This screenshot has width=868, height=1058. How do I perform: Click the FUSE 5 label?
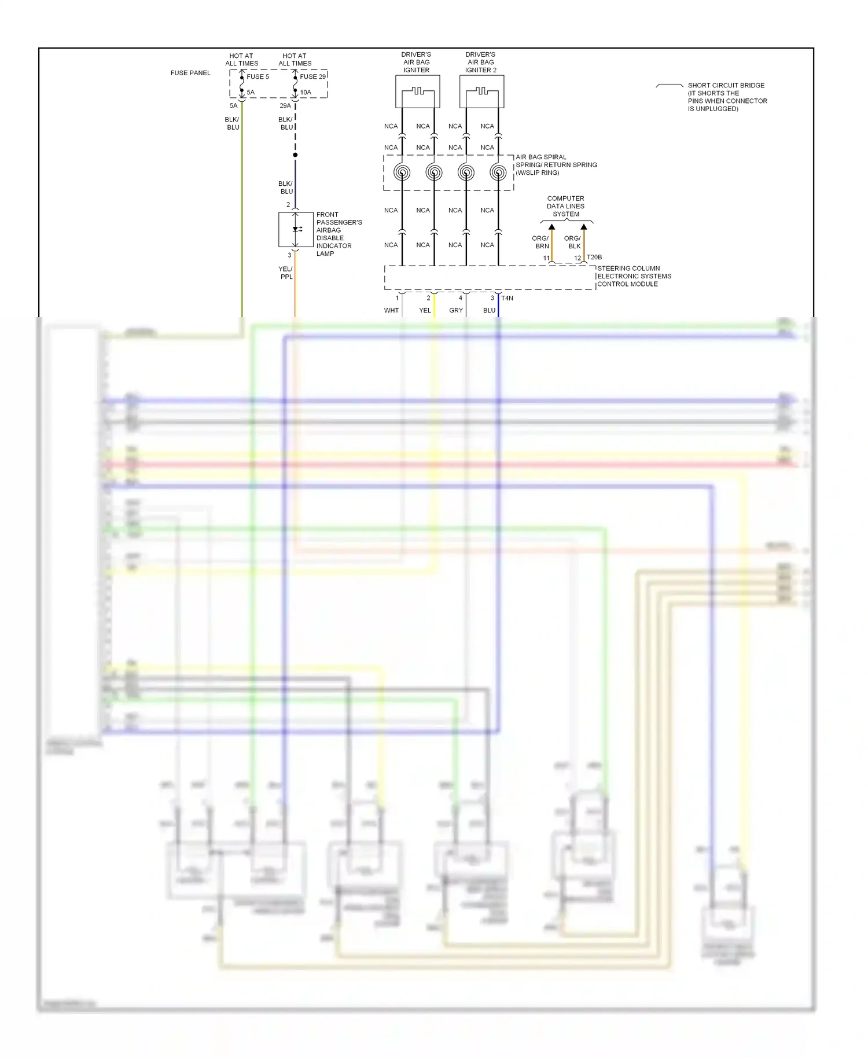tap(258, 76)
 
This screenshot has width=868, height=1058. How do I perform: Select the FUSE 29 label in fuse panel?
tap(312, 76)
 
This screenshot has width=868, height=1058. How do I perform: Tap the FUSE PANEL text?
tap(190, 73)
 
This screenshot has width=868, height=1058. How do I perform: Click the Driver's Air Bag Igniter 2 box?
tap(481, 91)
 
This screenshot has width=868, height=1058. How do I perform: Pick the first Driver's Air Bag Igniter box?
tap(417, 91)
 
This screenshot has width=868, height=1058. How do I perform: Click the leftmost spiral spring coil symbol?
tap(402, 172)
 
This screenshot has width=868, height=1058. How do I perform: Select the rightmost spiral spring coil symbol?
tap(498, 172)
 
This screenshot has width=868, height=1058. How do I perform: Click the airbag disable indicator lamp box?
tap(296, 230)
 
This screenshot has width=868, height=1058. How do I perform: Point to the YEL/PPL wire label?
tap(286, 273)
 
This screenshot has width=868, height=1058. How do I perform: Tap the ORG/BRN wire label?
tap(540, 242)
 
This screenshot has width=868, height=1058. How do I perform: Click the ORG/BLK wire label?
tap(572, 242)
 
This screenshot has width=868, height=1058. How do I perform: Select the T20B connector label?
tap(594, 257)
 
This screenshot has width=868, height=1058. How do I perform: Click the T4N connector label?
tap(507, 298)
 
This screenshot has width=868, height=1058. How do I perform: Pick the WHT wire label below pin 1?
tap(391, 310)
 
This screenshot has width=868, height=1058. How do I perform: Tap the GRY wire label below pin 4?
tap(456, 310)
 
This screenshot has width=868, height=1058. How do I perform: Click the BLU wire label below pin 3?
tap(489, 310)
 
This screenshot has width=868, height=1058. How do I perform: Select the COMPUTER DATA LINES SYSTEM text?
tap(565, 206)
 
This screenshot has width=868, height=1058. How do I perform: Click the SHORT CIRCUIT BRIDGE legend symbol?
tap(669, 86)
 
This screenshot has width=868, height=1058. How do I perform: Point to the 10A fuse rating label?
tap(306, 92)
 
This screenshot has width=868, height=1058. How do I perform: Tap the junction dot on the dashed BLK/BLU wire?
tap(295, 155)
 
